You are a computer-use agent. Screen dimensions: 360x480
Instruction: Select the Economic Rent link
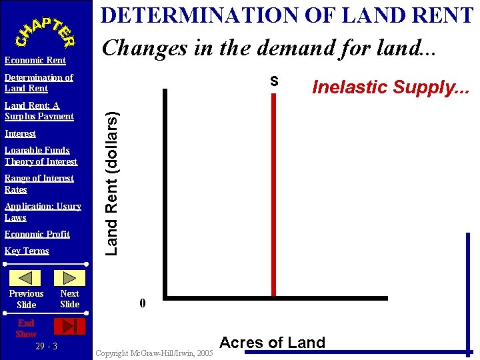35,61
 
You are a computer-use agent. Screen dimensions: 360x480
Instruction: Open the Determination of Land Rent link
39,83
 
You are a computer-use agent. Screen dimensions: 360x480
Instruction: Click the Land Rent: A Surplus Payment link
39,111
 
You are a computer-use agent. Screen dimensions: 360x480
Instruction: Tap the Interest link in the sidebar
20,133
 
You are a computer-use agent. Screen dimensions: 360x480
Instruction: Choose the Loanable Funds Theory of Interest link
41,155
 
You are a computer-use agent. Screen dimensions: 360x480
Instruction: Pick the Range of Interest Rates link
39,183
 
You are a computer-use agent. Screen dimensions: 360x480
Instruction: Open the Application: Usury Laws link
43,211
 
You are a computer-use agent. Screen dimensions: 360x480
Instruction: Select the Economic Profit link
37,234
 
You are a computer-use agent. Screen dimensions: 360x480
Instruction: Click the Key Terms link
27,251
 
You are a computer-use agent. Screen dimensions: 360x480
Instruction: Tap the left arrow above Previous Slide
25,278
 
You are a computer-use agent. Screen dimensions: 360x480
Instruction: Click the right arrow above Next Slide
69,278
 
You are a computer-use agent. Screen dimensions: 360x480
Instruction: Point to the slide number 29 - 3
47,346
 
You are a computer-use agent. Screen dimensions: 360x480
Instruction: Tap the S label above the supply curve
274,81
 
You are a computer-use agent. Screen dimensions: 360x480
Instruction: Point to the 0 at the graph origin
142,304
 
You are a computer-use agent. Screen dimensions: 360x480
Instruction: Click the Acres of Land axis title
272,343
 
